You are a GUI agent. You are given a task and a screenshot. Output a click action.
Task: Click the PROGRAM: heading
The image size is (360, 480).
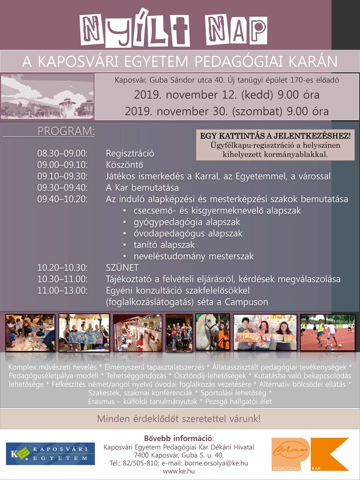point(66,131)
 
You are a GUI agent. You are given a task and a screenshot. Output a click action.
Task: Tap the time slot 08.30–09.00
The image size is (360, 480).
point(62,154)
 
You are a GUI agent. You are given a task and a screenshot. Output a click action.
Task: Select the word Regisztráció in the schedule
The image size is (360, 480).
point(130,154)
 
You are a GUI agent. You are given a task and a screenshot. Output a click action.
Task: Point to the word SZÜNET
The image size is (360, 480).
point(122,267)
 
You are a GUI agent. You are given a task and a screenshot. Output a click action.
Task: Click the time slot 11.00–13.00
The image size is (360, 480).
point(62,290)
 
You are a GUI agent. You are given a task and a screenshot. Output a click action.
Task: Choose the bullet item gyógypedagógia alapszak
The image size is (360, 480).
point(187,222)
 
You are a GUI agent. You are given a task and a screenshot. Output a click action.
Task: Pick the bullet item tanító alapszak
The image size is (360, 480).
point(164,245)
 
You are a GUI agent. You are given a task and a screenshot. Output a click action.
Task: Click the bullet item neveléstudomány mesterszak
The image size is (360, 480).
point(194,256)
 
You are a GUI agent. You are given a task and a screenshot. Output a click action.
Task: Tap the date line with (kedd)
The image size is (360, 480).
point(226,95)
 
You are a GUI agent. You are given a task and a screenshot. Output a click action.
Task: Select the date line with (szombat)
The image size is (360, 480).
point(226,111)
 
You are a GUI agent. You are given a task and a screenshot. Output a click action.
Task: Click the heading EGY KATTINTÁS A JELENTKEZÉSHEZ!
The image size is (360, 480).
point(275,136)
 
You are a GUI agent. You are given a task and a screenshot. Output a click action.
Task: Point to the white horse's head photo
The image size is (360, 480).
point(212,332)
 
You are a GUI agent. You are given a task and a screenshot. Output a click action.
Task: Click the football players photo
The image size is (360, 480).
point(327,332)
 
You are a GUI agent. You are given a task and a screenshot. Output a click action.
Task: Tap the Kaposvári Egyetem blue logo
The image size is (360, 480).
point(50,454)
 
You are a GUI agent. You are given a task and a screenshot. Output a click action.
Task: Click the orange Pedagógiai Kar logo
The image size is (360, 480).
point(310,454)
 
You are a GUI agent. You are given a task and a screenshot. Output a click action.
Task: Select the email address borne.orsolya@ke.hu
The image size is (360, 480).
point(216,463)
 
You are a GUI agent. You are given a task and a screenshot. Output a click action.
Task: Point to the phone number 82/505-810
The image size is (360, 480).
point(141,463)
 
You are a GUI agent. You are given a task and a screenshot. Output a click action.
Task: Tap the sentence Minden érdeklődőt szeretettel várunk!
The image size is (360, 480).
point(179,419)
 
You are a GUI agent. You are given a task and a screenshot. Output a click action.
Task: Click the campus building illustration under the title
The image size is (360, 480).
point(47,96)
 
